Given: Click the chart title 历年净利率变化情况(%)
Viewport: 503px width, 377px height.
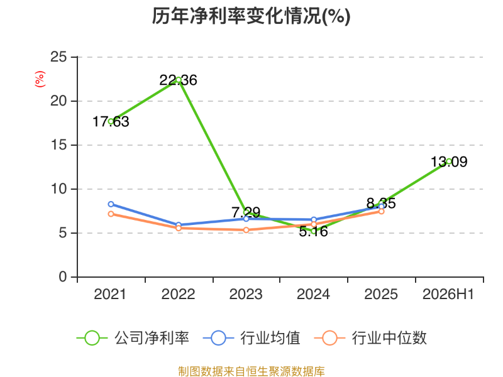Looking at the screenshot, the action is [251, 16].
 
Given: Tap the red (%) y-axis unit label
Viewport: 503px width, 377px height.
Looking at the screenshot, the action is [40, 79].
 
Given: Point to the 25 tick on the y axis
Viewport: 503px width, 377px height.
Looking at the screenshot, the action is [58, 57].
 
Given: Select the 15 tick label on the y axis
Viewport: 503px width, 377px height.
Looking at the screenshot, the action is [58, 145].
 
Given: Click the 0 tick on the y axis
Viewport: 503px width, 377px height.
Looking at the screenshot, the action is [63, 276].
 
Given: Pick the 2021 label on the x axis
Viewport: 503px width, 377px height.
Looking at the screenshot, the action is [110, 294].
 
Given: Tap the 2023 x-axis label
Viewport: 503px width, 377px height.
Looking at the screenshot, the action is [246, 294].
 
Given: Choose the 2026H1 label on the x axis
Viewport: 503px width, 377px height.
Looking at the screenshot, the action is [448, 294].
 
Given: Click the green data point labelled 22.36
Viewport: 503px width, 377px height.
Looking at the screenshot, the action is [179, 80].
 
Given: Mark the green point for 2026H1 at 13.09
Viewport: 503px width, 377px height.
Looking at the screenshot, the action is [449, 161].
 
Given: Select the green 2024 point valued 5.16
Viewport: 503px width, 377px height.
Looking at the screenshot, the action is [314, 231].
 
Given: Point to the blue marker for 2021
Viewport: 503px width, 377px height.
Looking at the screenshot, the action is [111, 204].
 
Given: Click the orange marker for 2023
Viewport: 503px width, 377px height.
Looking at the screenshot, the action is [246, 230].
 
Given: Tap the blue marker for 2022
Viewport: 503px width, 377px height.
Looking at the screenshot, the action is [179, 225].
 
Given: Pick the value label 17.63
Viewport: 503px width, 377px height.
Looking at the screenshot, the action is [111, 122].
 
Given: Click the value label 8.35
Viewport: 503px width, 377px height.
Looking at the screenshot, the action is [381, 203].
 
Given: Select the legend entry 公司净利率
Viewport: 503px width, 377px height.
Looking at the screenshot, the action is [133, 338].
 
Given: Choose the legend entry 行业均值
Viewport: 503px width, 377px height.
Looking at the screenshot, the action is [252, 338].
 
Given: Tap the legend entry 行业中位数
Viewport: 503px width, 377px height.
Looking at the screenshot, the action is [370, 338].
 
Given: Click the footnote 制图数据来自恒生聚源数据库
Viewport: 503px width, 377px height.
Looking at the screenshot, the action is [251, 371].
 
